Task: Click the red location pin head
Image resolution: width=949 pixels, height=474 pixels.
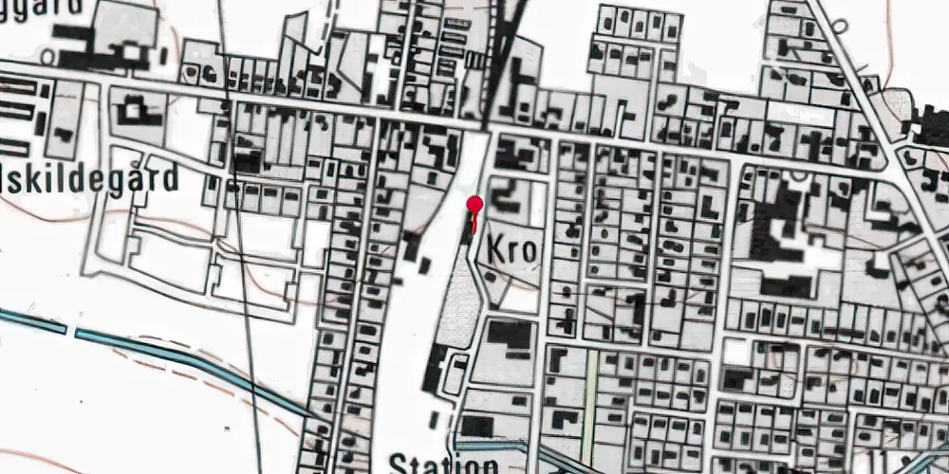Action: [x=474, y=204]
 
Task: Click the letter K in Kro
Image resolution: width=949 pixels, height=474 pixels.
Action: [x=497, y=248]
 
